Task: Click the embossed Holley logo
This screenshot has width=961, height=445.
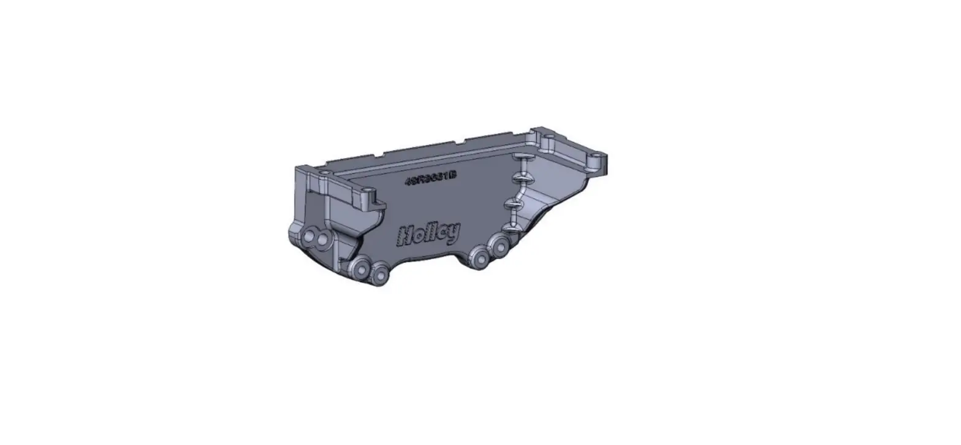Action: coord(428,234)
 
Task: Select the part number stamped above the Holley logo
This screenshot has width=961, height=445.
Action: coord(431,179)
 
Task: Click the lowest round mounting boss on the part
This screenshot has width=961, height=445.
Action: coord(381,275)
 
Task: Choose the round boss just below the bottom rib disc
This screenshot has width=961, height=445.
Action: coord(500,247)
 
